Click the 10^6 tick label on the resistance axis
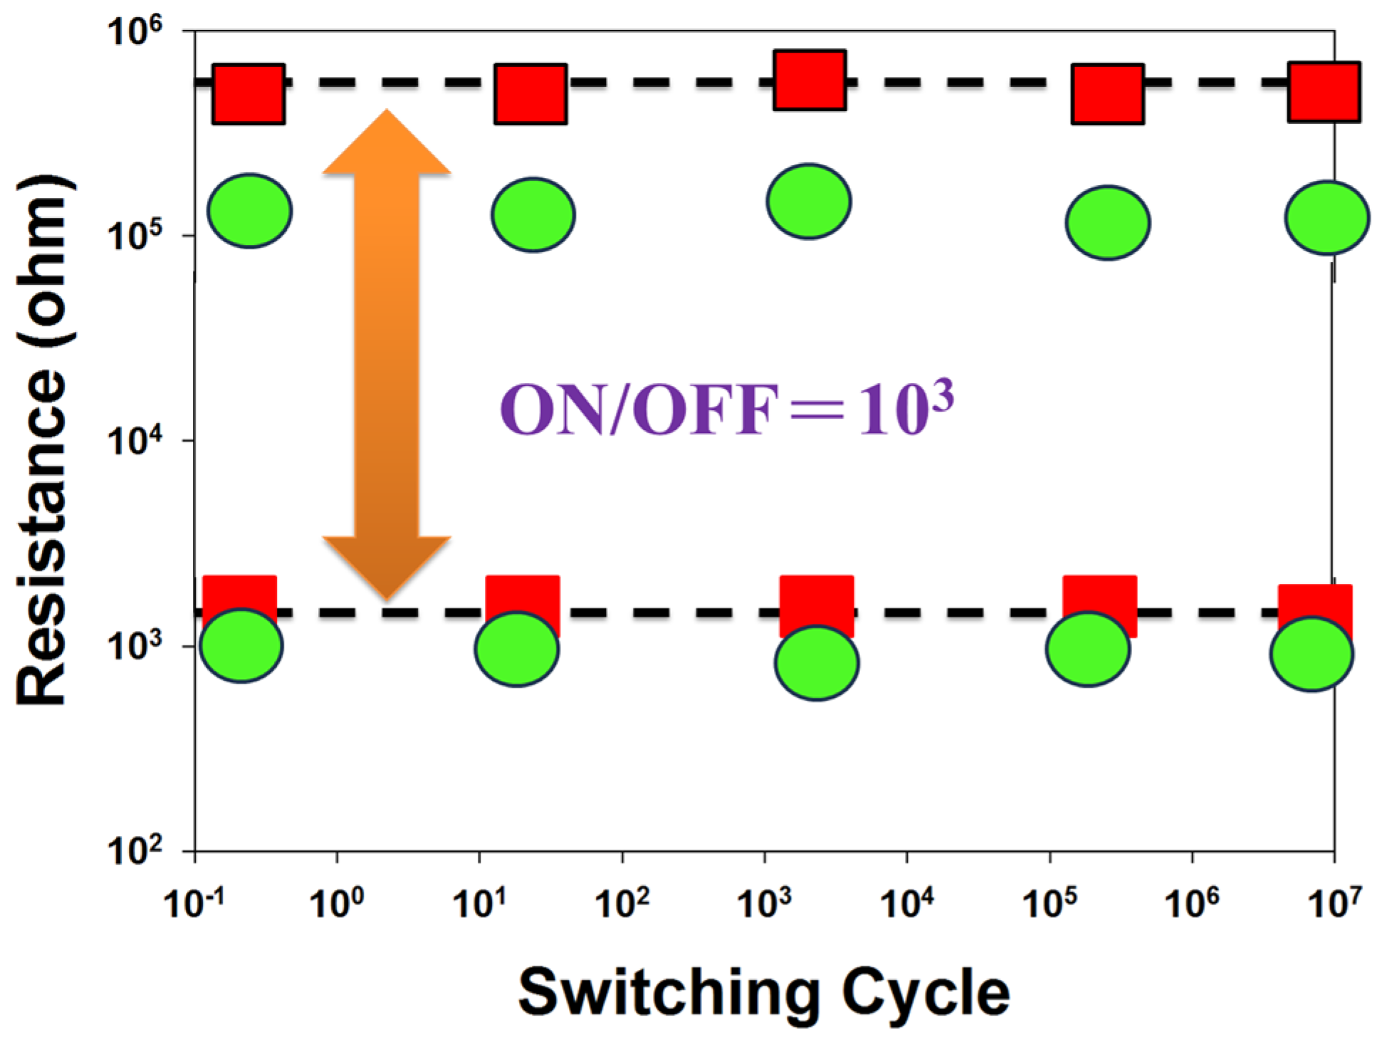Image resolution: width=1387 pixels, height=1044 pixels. point(135,31)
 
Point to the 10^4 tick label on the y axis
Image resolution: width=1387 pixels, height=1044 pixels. point(135,442)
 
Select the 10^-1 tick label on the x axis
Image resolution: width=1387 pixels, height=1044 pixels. point(194,903)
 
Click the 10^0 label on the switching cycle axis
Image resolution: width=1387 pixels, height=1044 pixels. point(336,903)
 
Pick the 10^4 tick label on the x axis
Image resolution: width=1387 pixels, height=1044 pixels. point(906,903)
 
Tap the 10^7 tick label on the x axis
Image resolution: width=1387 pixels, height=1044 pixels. point(1334,903)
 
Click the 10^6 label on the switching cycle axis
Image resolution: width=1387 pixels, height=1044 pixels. point(1191,903)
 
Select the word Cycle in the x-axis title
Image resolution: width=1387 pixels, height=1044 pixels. point(926,993)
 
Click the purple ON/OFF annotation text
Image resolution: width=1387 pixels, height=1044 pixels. point(726,409)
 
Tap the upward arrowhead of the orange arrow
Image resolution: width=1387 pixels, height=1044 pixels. point(387,142)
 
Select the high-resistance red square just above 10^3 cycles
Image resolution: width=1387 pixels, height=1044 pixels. point(810,80)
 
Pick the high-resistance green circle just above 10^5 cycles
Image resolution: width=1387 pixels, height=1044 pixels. point(1107,223)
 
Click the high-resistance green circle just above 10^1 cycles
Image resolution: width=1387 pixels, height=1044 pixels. point(533,214)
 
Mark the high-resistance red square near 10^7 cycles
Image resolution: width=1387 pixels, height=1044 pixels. point(1324,93)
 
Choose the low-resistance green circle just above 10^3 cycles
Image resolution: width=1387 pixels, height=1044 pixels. point(817,663)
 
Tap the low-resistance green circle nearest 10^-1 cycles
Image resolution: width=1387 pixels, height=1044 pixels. point(241,646)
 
